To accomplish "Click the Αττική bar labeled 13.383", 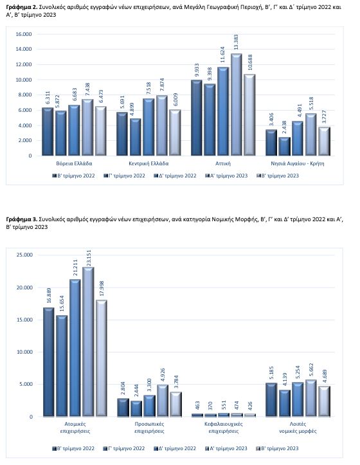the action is (237, 105).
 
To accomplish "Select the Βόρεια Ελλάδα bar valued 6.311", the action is (47, 131).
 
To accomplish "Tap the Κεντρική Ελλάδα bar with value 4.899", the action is (136, 137).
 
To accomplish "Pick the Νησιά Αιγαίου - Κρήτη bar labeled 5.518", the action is (310, 134).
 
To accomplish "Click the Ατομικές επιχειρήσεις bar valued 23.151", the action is (88, 342).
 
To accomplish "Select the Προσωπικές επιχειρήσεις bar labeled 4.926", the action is (163, 401).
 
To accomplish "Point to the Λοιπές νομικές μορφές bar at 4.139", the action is (285, 403).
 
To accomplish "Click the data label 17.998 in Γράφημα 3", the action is (101, 289).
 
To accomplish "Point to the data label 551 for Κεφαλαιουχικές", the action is (224, 405).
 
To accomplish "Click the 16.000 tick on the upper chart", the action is (23, 34).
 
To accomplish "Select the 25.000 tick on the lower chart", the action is (24, 255).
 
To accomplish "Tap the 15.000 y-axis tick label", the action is (24, 320).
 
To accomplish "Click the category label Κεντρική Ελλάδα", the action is (148, 163).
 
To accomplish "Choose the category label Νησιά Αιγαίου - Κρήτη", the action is (298, 163).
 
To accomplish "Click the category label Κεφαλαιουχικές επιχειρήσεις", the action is (223, 427).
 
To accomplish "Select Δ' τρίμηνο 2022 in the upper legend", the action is (175, 176).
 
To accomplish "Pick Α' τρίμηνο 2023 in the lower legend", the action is (226, 448).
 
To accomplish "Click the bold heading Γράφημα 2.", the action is (22, 8).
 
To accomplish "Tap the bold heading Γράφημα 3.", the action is (22, 219).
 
